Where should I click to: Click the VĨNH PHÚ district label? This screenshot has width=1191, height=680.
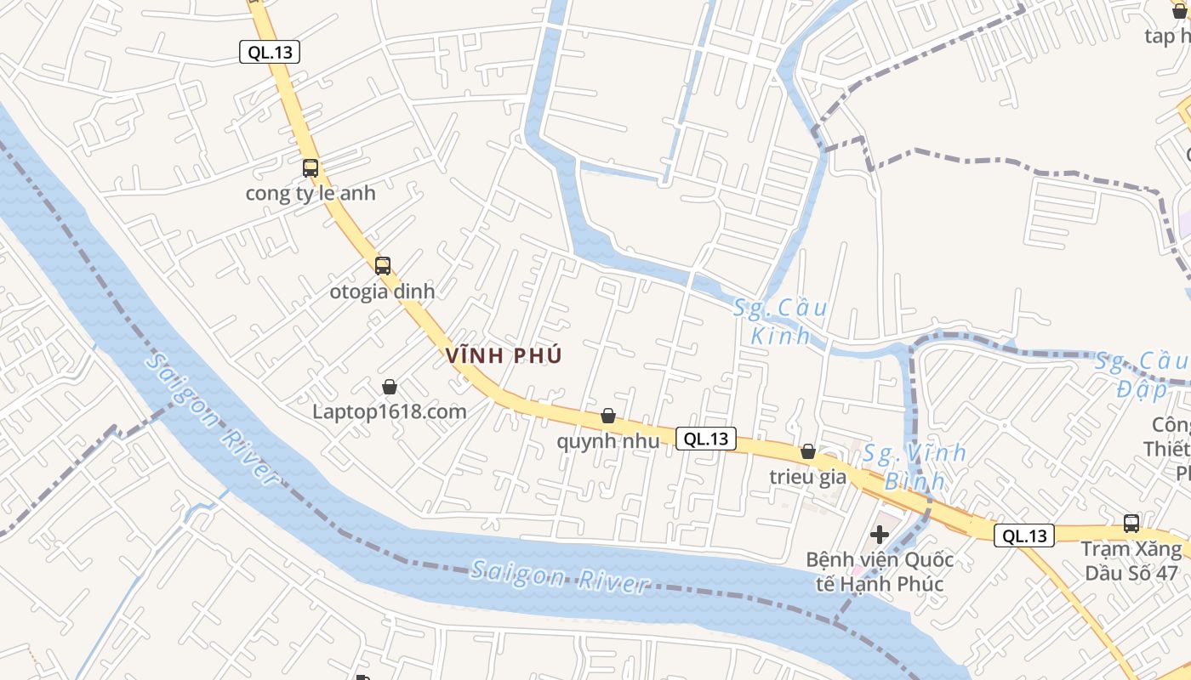point(504,355)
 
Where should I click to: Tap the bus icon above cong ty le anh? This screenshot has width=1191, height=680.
point(311,168)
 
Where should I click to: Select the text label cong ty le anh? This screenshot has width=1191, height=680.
point(311,193)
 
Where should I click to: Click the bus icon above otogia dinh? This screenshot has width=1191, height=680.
point(383,265)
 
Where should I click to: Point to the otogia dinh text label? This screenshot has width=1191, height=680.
point(382,291)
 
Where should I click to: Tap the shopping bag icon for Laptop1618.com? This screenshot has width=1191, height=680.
point(390,387)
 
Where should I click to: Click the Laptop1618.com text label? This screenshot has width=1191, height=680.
point(390,411)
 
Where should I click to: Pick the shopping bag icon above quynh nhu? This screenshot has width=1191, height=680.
point(608,416)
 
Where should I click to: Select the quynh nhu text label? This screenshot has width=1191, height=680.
point(608,440)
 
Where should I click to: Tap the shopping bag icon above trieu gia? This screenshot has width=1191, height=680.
point(808,451)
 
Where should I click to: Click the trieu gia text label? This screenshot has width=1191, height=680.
point(808,476)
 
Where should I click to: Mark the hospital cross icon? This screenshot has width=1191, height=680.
point(880,535)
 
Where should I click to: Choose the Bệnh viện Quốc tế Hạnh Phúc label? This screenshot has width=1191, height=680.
point(880,572)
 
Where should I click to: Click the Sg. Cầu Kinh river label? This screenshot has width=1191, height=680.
point(780,321)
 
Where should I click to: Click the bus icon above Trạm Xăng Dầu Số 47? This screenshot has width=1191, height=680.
point(1131,524)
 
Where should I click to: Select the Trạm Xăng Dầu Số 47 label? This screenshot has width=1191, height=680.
point(1131,560)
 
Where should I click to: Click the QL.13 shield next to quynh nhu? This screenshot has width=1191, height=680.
point(706,439)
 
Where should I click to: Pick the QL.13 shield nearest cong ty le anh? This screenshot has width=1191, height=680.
point(270,53)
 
